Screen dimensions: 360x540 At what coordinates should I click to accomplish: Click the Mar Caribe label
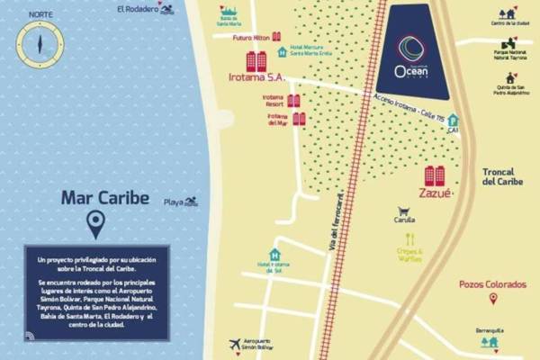(x=104, y=198)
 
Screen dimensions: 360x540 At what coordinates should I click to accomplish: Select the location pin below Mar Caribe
(x=94, y=225)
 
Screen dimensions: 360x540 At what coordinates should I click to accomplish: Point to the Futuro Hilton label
(x=250, y=39)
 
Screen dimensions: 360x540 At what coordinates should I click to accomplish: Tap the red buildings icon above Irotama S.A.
(x=256, y=61)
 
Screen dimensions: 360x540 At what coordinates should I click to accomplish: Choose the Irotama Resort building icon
(x=293, y=101)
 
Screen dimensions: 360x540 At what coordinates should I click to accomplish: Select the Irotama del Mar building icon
(x=299, y=118)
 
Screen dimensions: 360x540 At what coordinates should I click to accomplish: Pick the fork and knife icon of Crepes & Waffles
(x=410, y=239)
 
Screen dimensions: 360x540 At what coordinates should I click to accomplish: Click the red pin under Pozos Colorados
(x=491, y=299)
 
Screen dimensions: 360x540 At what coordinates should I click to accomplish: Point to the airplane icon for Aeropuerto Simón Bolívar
(x=235, y=344)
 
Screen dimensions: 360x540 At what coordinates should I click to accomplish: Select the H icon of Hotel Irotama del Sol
(x=274, y=255)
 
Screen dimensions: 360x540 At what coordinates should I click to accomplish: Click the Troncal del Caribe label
(x=502, y=175)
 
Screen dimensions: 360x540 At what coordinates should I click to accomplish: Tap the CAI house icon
(x=453, y=120)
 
